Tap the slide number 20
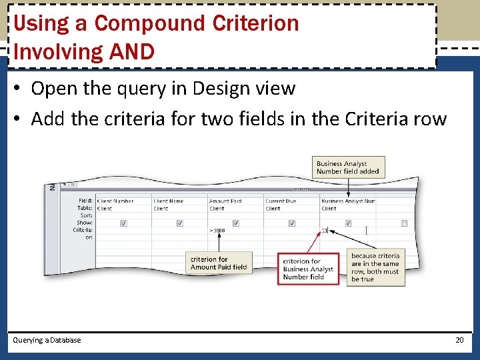459,340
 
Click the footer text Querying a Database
47,340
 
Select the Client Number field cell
115,201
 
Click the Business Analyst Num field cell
348,201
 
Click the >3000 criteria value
217,231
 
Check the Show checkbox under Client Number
123,223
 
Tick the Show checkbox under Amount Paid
235,223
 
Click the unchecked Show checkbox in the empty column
404,223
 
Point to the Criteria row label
83,230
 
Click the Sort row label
86,215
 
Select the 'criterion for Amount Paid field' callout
219,263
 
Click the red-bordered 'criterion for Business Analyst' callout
308,269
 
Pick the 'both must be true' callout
375,267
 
